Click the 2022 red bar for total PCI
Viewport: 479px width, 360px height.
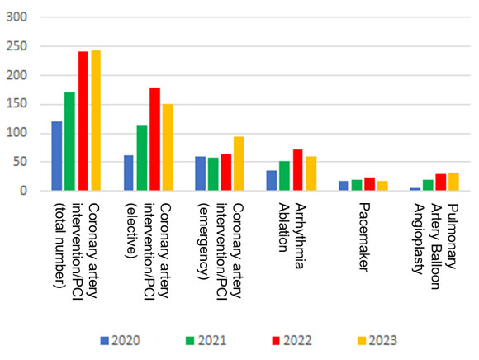[83, 121]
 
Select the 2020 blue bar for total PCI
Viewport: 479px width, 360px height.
[57, 156]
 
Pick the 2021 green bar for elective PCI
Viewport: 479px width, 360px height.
[142, 158]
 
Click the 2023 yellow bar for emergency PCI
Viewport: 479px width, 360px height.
[239, 163]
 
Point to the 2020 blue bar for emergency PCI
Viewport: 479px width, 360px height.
[201, 173]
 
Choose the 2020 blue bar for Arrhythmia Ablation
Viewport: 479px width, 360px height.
[272, 181]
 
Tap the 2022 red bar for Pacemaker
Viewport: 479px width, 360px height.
[369, 184]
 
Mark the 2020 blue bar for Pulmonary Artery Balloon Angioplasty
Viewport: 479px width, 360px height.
[415, 189]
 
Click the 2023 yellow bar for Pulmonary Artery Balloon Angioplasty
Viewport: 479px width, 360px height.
[453, 182]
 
